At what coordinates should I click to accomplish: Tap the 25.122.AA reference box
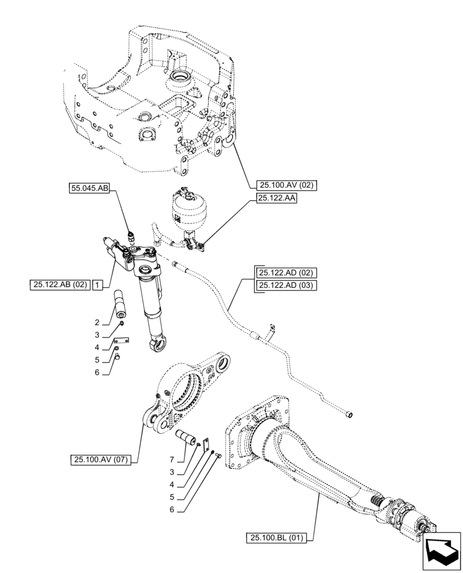(272, 198)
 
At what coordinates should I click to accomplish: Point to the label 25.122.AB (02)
(60, 284)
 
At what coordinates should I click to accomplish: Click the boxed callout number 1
(99, 284)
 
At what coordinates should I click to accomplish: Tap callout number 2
(97, 322)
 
